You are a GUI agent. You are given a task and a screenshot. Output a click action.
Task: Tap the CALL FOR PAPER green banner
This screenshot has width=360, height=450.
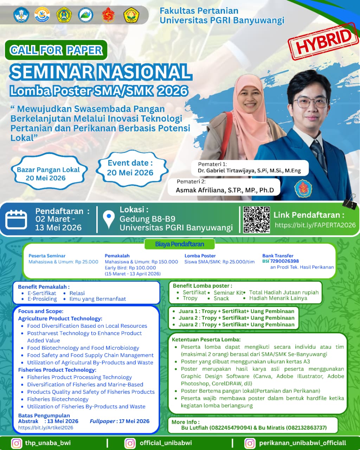coord(56,50)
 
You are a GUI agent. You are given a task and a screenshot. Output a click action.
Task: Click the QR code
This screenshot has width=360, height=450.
coord(257,220)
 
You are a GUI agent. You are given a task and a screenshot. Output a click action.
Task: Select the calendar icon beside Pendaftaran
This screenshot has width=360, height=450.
coord(16,219)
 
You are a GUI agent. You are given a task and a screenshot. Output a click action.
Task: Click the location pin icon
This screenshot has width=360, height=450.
coord(109,219)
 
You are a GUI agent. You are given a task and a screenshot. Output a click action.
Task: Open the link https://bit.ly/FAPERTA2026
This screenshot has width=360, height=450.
coord(315,225)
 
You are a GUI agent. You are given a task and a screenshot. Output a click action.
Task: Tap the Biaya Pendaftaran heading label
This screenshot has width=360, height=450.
coord(180,244)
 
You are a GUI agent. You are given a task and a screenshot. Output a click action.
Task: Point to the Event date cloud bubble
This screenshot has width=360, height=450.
coord(130,168)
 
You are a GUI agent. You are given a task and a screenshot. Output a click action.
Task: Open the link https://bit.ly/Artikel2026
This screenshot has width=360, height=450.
coord(46,428)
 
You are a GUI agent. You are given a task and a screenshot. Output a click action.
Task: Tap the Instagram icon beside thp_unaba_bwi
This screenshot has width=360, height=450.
coord(17,443)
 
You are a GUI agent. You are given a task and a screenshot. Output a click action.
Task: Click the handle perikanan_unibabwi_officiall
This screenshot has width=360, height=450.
coord(302,443)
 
